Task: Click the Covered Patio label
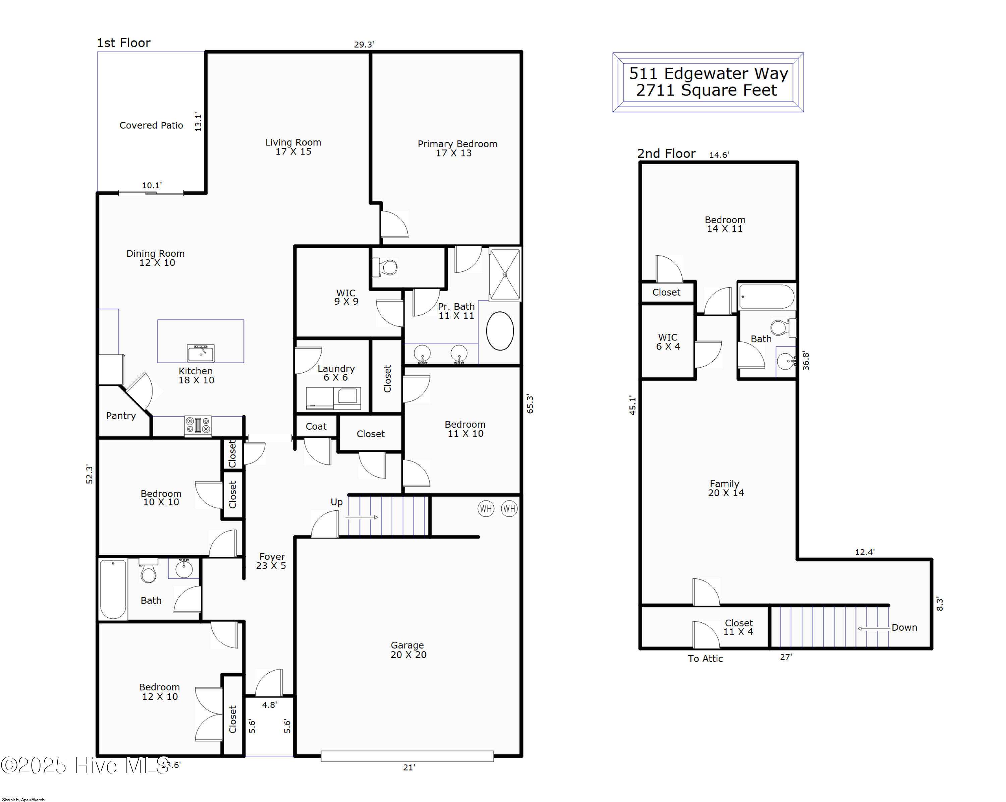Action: coord(151,125)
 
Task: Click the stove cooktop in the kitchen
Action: coord(198,425)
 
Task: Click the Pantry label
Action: coord(121,416)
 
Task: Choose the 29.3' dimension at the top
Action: coord(364,44)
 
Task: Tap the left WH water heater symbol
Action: coord(486,508)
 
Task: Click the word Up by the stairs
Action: coord(336,502)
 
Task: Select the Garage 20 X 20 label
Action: coord(408,650)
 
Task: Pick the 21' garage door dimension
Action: coord(409,767)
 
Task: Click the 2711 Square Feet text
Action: coord(707,90)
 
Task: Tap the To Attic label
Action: coord(705,658)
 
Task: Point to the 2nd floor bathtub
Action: coord(766,297)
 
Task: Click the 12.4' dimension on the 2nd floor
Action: coord(864,552)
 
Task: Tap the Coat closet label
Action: coord(316,426)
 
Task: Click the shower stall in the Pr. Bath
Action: coord(505,274)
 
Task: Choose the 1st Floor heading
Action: coord(124,43)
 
